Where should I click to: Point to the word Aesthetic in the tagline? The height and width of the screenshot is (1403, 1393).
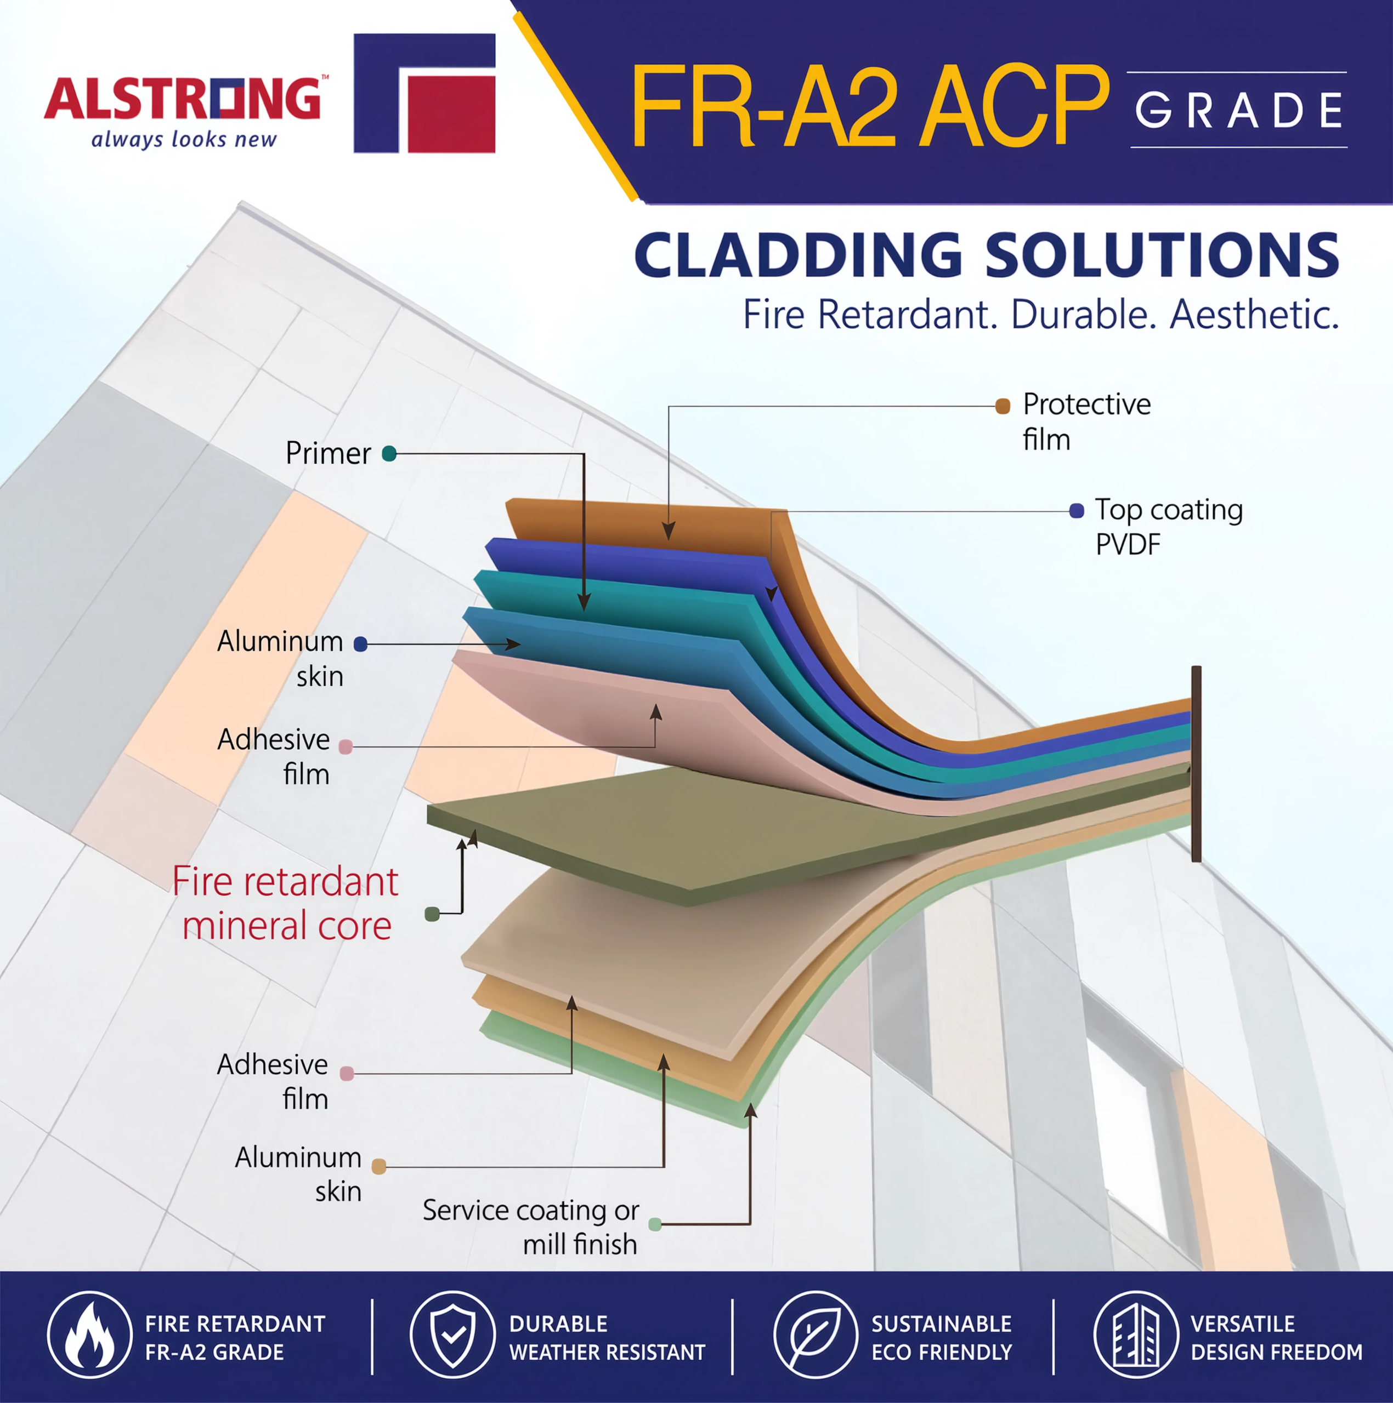[1254, 315]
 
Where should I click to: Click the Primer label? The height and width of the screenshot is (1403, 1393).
[328, 453]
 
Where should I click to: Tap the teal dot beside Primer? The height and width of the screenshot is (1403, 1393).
[389, 454]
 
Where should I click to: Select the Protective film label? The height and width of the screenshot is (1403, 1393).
[1086, 421]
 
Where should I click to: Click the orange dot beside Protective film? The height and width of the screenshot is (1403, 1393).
[1003, 406]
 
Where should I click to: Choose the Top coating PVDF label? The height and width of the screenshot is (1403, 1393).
[1169, 527]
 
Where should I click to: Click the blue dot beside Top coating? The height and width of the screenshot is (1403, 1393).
[1077, 511]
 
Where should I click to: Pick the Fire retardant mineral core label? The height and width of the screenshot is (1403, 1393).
[286, 903]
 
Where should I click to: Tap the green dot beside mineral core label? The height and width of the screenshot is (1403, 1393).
[432, 914]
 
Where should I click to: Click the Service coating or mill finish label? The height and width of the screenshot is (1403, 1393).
[530, 1227]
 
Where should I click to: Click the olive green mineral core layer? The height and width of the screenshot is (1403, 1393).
[727, 835]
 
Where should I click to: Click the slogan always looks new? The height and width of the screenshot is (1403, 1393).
[184, 139]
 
